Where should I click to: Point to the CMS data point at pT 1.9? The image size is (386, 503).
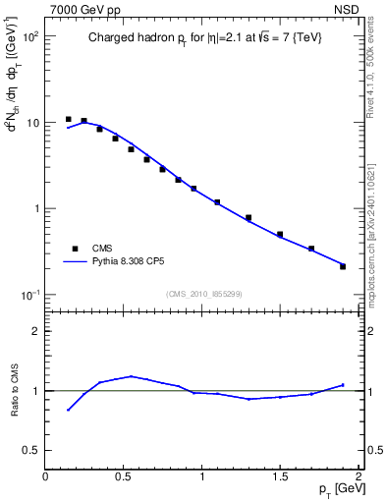[x=343, y=266]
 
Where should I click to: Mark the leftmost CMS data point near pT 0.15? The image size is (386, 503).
[x=69, y=119]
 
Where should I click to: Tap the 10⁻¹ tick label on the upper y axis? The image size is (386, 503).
[x=29, y=296]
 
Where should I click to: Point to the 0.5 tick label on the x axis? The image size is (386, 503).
[x=124, y=475]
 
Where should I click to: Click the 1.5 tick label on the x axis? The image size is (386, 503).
[x=280, y=475]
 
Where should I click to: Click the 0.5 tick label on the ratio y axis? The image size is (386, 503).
[x=31, y=450]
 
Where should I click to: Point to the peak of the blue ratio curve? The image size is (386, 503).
[x=132, y=376]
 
